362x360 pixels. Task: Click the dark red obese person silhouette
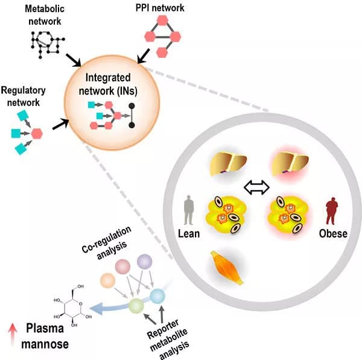330,212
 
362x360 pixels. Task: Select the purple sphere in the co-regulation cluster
145,262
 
